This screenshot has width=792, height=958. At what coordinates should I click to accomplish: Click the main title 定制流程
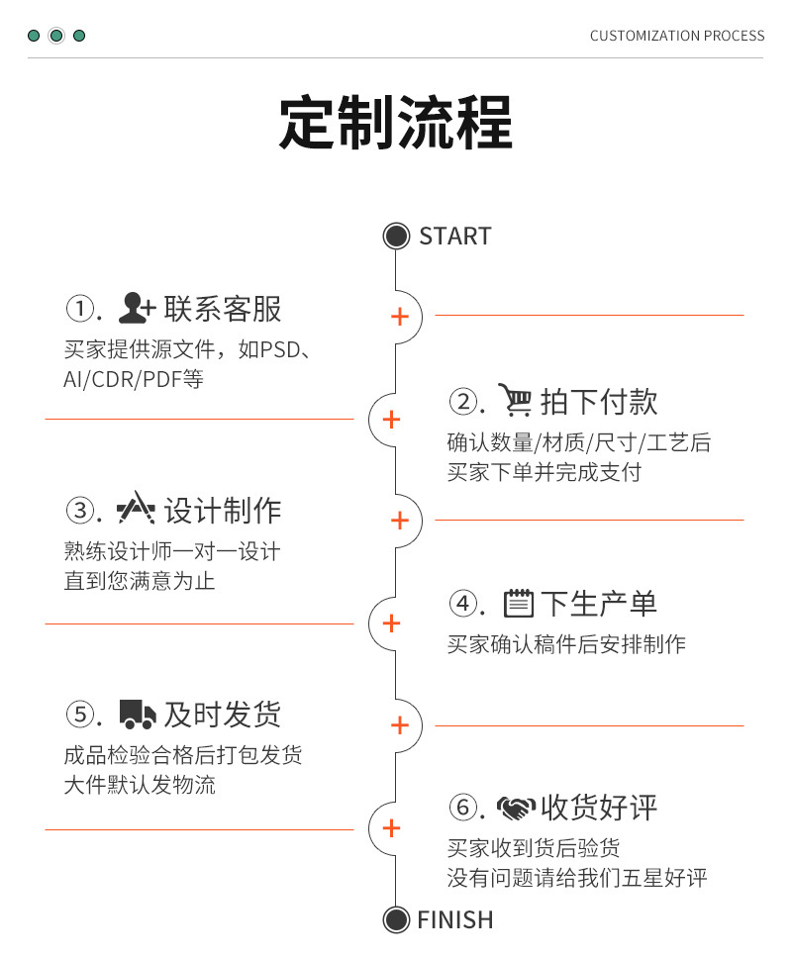point(395,122)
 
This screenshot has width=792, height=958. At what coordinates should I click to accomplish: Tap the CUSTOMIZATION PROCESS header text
point(677,36)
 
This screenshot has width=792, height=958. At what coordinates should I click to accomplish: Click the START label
point(455,237)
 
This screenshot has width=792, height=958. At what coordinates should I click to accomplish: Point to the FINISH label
point(455,920)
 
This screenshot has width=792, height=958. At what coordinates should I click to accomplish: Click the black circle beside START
point(396,237)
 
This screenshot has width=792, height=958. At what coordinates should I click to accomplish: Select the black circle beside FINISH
point(396,920)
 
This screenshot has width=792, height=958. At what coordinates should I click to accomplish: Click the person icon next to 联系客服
point(137,308)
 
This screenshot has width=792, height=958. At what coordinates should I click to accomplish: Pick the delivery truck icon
point(138,715)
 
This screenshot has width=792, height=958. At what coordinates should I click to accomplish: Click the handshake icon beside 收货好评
point(517,808)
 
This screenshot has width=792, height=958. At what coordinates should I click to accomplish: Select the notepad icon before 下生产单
point(518,603)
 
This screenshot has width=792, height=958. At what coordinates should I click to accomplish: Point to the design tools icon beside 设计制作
point(136,508)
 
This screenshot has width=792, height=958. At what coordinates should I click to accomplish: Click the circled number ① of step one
point(79,309)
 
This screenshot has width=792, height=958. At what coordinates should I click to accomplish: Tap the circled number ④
point(463,604)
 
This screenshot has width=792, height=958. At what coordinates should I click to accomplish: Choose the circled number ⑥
point(463,808)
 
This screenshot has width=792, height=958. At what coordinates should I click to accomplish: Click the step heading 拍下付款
point(599,402)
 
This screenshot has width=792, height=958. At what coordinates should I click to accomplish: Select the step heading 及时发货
point(223,715)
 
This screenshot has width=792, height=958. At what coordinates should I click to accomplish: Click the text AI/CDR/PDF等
point(134,379)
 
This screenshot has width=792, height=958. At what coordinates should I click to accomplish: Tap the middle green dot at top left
point(56,36)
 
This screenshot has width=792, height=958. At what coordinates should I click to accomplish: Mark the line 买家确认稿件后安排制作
point(566,644)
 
